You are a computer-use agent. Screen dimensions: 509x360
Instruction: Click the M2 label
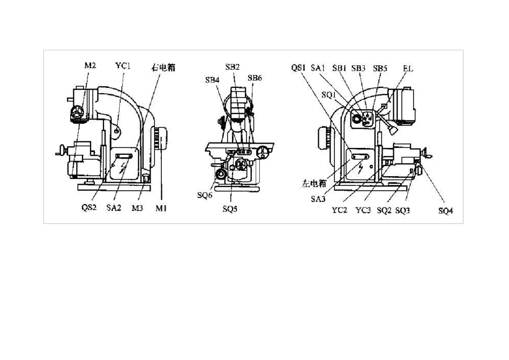tap(90, 65)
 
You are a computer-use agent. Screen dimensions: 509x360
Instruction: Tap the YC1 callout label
tap(123, 66)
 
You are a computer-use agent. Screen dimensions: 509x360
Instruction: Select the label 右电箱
tap(163, 67)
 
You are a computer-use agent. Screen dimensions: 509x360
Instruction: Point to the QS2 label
tap(89, 207)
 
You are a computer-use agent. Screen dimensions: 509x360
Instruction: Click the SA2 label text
tap(114, 208)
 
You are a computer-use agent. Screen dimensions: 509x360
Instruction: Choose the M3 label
tap(137, 208)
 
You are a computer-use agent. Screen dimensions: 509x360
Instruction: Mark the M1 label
tap(161, 208)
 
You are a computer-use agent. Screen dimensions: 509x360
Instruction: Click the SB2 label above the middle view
tap(233, 67)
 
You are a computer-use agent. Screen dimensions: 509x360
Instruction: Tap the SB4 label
tap(212, 80)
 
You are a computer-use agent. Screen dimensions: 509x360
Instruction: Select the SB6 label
tap(254, 78)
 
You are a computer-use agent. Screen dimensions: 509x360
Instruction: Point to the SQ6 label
tap(205, 196)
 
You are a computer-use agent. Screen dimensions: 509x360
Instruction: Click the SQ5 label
tap(230, 209)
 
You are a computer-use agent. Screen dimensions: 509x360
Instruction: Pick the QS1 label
tap(298, 68)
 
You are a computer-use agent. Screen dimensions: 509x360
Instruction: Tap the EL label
tap(408, 69)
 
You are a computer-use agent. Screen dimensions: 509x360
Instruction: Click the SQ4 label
tap(445, 211)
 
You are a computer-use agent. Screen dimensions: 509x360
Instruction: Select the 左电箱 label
tap(314, 183)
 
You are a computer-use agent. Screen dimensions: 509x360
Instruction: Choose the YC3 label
tap(363, 211)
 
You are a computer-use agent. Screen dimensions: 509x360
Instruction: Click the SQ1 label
tap(328, 95)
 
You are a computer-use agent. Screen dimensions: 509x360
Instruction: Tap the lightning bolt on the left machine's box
tap(123, 168)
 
